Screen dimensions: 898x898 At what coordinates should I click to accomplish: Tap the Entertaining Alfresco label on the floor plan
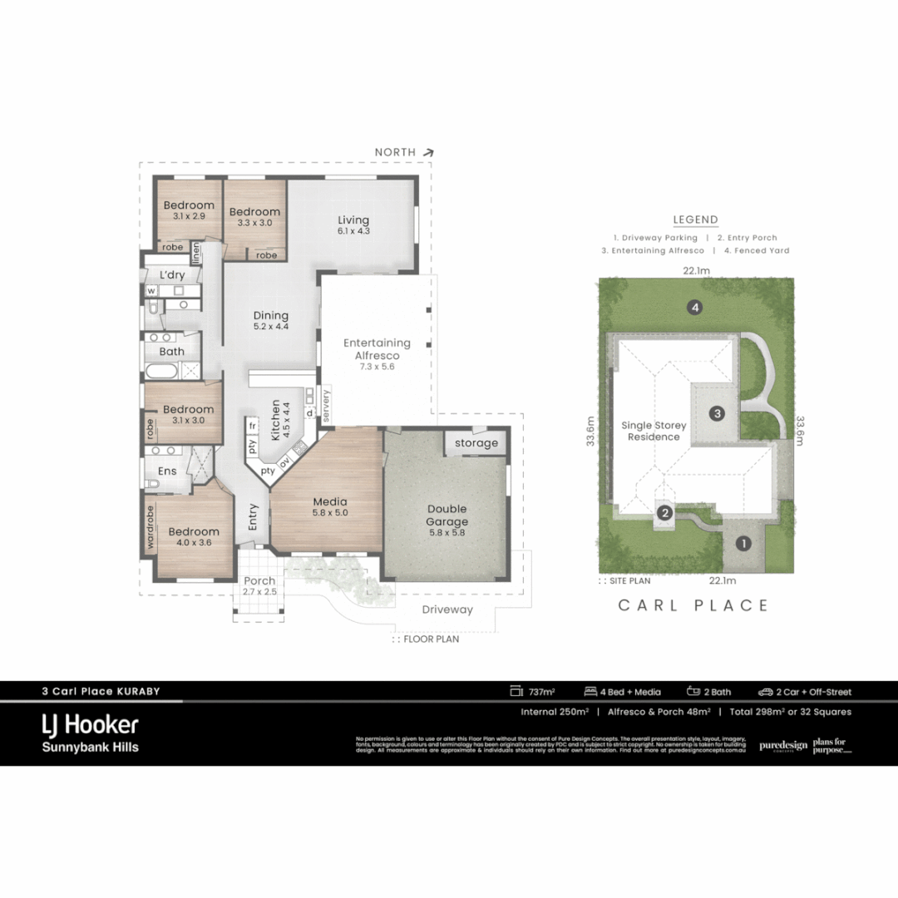[377, 348]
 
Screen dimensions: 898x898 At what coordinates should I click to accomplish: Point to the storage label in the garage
[476, 443]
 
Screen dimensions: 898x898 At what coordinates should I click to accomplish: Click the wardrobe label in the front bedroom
[150, 530]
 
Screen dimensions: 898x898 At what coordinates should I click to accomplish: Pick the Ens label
[167, 471]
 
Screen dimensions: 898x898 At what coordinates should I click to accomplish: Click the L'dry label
[172, 274]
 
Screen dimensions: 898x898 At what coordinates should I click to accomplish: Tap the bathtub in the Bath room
[161, 371]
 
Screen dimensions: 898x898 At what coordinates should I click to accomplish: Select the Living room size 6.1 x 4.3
[353, 231]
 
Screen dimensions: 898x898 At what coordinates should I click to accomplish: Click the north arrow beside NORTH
[428, 152]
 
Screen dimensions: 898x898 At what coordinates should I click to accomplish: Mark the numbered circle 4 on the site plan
[695, 308]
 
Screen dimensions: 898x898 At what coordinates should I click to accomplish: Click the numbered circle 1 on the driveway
[743, 544]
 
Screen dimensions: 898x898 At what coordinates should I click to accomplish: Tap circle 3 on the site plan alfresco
[717, 412]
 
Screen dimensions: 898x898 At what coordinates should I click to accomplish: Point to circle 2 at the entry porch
[664, 513]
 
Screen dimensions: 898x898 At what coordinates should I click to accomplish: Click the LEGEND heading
[695, 220]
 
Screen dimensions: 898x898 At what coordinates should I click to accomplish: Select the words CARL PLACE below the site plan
[693, 605]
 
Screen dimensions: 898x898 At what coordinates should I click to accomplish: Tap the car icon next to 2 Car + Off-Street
[765, 692]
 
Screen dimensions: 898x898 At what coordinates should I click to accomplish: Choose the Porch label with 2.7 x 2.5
[259, 586]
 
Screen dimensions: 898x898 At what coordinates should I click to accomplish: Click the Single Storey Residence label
[654, 431]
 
